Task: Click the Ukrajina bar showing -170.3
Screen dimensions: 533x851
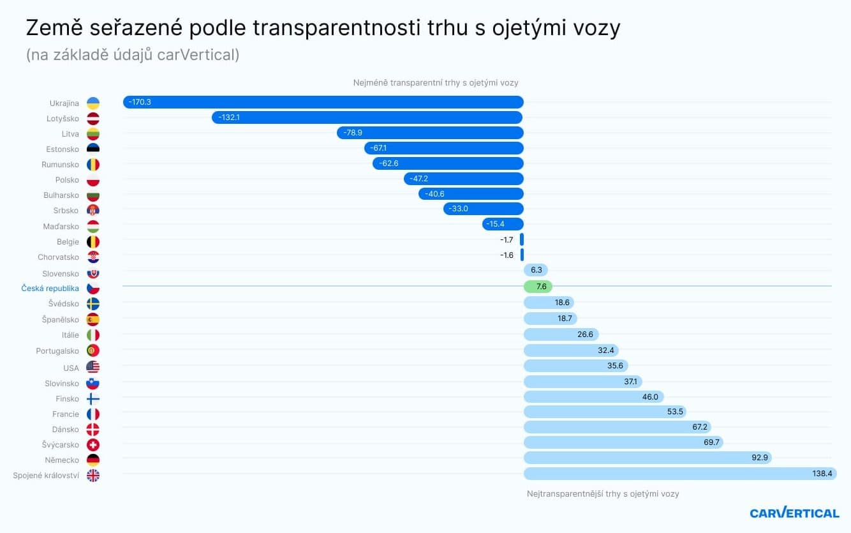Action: point(323,102)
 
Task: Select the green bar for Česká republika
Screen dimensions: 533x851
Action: point(538,287)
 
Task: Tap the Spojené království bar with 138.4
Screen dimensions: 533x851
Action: point(679,474)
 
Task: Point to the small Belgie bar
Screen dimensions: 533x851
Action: point(522,240)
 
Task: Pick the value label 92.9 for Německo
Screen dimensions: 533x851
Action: point(759,458)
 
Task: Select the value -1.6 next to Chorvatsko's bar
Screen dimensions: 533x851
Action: point(507,255)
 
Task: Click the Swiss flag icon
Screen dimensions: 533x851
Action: point(93,444)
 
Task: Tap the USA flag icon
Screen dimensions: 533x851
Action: point(93,367)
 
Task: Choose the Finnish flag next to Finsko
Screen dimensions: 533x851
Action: point(93,398)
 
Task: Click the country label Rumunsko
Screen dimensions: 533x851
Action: point(60,165)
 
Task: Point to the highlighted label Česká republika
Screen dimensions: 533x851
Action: point(50,289)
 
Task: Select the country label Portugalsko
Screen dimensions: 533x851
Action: point(57,351)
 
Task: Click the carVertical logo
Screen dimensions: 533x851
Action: point(794,513)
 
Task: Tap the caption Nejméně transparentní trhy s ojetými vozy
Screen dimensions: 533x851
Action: point(436,83)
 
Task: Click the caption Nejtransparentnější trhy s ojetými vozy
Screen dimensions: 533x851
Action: point(603,494)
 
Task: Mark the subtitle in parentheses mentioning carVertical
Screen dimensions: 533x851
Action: point(133,56)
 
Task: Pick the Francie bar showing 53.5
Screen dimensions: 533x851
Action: point(605,412)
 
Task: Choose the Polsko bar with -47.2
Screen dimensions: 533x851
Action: point(464,179)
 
